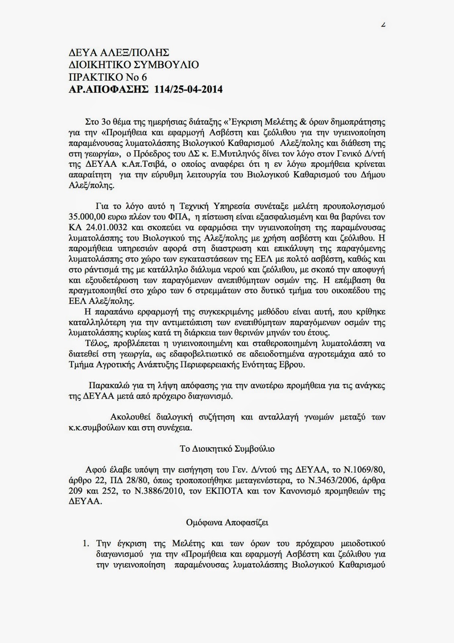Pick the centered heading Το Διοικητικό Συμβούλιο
click(x=227, y=449)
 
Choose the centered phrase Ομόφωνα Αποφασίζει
click(x=227, y=523)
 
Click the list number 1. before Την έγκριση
click(x=85, y=544)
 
